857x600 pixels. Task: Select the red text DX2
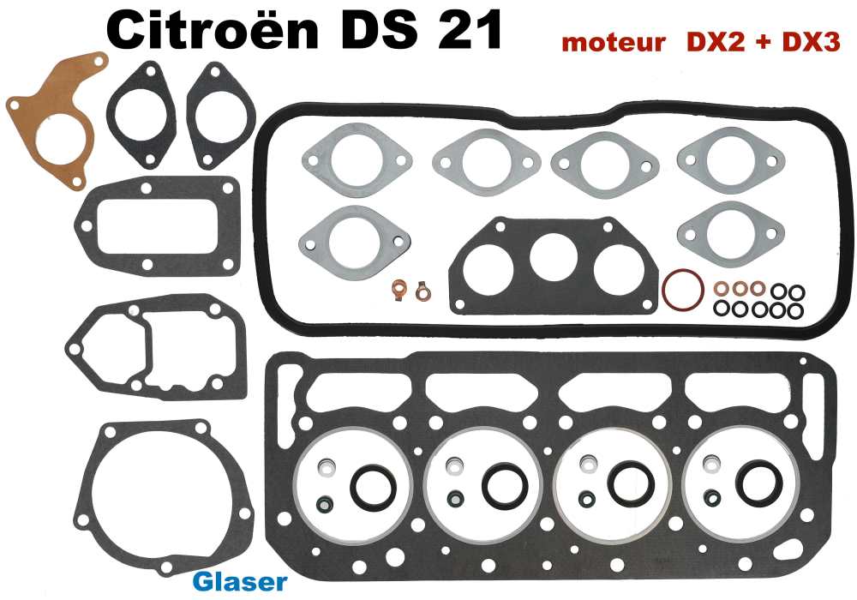pos(707,44)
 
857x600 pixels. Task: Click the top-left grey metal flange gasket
pos(357,162)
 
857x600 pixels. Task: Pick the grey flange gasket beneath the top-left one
pos(355,236)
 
